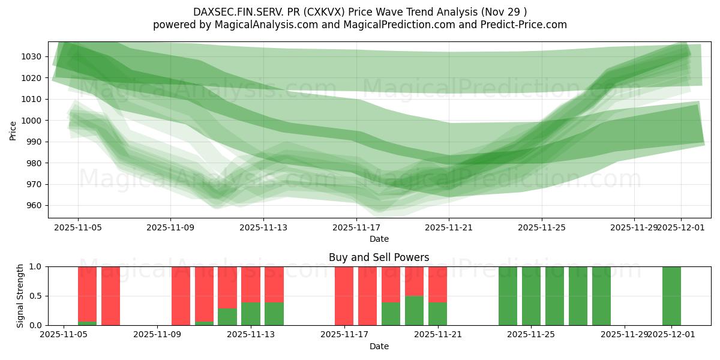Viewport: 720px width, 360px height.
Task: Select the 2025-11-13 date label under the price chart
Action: pyautogui.click(x=263, y=227)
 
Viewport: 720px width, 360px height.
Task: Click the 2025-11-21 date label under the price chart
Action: pyautogui.click(x=449, y=227)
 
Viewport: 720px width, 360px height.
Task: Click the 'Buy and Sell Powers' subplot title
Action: pyautogui.click(x=379, y=257)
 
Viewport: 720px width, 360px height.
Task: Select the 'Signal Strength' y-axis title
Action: pyautogui.click(x=21, y=295)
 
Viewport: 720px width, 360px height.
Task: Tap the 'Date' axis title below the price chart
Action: pyautogui.click(x=379, y=239)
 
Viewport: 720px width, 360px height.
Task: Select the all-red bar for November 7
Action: pyautogui.click(x=110, y=296)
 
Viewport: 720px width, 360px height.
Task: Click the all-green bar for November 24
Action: pyautogui.click(x=508, y=296)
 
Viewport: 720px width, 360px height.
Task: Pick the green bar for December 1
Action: pyautogui.click(x=671, y=296)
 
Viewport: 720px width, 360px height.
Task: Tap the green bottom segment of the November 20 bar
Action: pyautogui.click(x=414, y=311)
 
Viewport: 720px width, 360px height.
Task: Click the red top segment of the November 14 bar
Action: pyautogui.click(x=274, y=284)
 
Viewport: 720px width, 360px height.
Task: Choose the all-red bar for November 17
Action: pyautogui.click(x=344, y=296)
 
